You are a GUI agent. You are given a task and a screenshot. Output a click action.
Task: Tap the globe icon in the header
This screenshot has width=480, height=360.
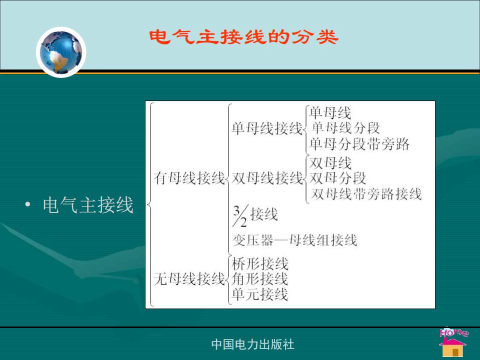[x=61, y=52]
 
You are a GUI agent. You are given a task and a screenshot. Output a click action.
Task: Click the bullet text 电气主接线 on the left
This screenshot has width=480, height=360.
[x=88, y=205]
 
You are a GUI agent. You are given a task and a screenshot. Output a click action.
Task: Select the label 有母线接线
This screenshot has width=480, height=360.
[x=189, y=178]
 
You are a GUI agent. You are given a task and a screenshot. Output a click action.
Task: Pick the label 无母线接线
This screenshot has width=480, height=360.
[x=189, y=279]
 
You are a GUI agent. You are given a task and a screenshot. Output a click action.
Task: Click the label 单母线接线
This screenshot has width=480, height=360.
[x=267, y=127]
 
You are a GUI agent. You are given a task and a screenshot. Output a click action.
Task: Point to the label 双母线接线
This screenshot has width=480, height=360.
[x=267, y=178]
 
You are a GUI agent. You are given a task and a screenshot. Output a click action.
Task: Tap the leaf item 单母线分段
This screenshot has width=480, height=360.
[x=345, y=127]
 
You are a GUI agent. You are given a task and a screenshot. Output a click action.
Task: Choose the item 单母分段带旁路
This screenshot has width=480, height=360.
[x=359, y=144]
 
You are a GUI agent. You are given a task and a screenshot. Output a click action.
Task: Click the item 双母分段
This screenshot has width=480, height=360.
[x=337, y=178]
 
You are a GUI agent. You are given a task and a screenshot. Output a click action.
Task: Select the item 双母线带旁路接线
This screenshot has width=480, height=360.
[x=366, y=194]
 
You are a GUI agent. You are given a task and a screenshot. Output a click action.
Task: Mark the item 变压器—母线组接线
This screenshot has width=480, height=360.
[x=295, y=240]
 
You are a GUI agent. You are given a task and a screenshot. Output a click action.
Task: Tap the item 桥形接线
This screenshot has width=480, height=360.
[x=260, y=263]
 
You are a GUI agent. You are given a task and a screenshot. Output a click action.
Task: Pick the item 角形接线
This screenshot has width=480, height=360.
[x=260, y=279]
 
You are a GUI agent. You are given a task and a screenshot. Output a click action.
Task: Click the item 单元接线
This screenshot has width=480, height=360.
[x=260, y=294]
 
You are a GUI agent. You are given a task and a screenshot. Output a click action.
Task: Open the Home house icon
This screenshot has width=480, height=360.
[x=453, y=342]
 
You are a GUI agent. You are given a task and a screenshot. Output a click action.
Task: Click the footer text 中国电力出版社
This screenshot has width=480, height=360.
[x=253, y=344]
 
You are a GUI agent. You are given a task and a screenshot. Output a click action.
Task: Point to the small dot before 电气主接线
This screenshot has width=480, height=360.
[x=28, y=204]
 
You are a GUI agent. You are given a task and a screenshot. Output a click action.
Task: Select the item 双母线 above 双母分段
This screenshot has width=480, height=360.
[x=330, y=163]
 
